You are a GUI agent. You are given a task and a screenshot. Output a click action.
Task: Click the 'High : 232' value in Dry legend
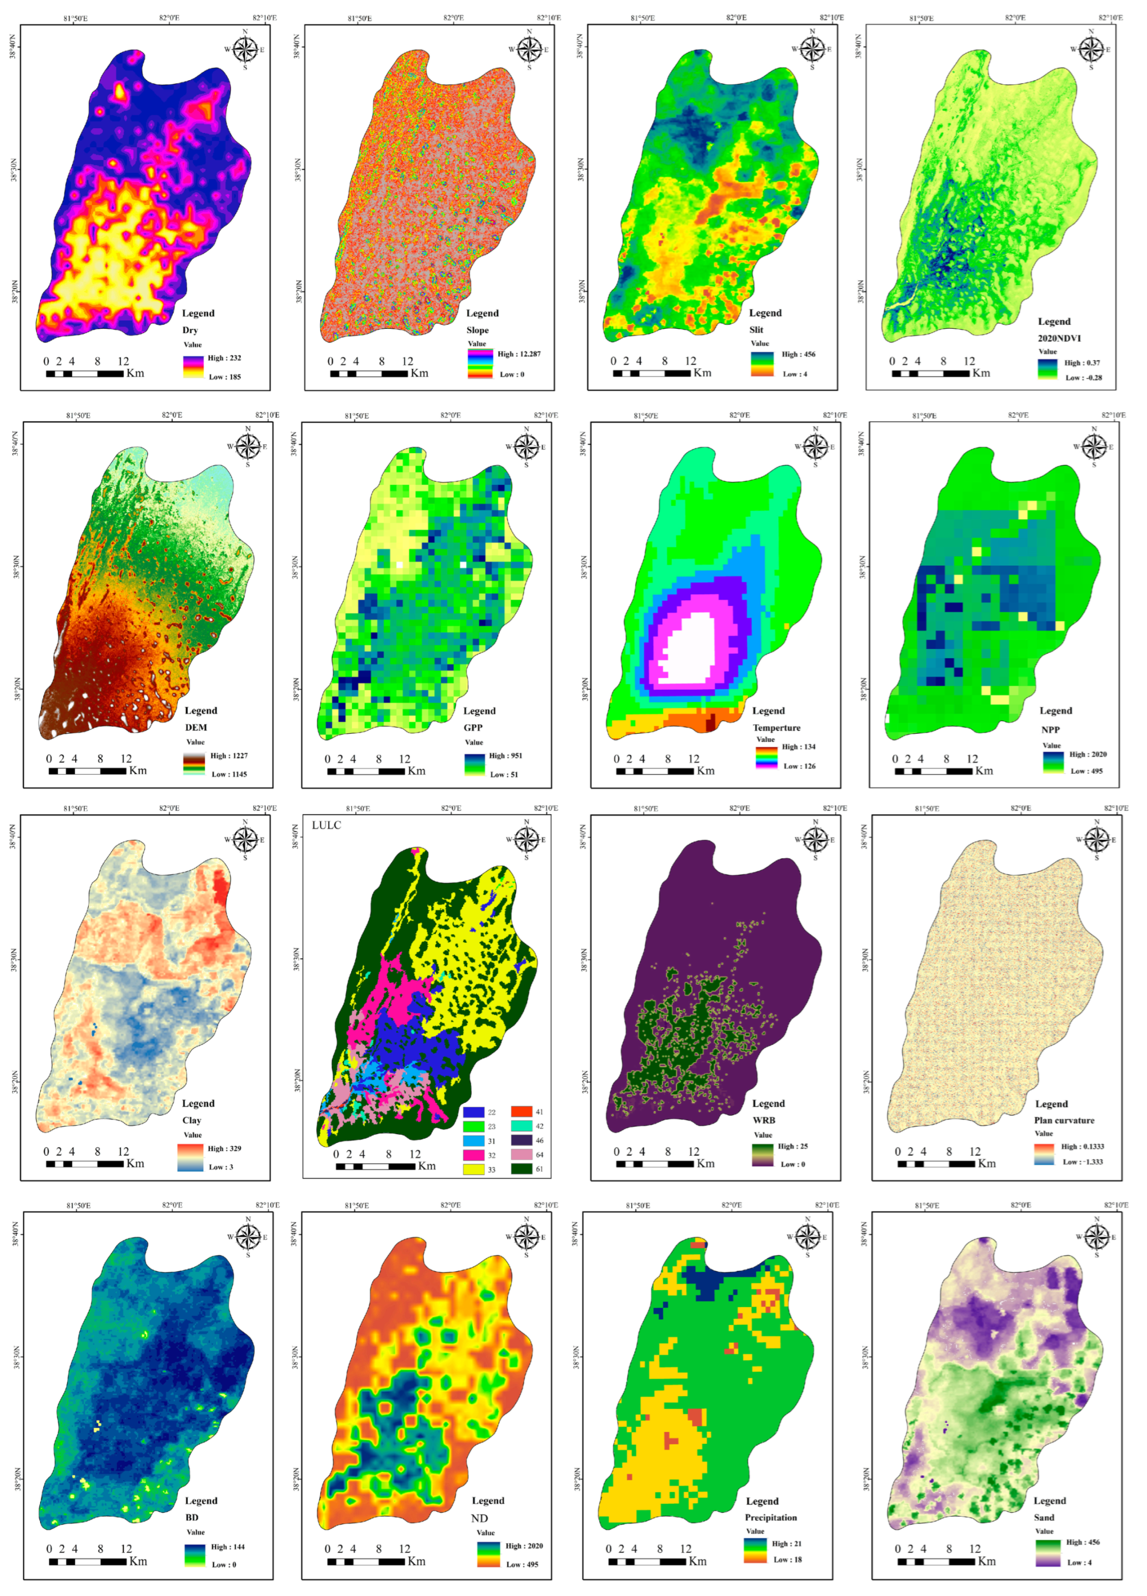click(224, 357)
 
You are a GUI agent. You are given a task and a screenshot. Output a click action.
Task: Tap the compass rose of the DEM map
click(248, 446)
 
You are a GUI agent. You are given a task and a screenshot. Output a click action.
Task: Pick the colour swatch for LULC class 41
click(521, 1112)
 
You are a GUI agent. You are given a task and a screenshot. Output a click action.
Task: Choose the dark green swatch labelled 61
click(521, 1169)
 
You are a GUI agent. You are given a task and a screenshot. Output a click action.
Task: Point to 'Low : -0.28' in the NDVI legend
click(1083, 377)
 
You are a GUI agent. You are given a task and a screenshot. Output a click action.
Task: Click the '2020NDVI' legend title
click(1059, 338)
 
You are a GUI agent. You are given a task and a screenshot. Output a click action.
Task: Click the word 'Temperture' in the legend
click(776, 728)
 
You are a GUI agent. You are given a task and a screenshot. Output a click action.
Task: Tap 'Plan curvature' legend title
click(1064, 1120)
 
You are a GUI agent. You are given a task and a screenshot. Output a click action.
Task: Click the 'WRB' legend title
click(764, 1120)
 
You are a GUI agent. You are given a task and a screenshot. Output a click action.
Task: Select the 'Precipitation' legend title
click(771, 1517)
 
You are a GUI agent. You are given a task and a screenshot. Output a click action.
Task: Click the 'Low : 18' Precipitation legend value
click(788, 1559)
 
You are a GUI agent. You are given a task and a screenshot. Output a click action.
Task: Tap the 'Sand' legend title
click(1044, 1517)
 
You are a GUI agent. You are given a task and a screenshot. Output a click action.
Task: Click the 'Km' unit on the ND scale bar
click(416, 1561)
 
